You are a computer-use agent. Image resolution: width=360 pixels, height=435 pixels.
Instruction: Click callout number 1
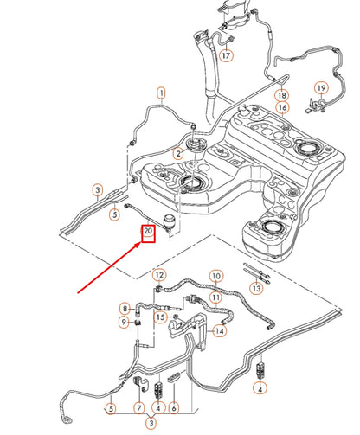tap(162, 93)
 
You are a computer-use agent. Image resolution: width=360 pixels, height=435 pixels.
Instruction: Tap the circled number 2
tap(178, 153)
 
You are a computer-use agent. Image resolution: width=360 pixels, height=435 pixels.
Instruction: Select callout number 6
tap(174, 408)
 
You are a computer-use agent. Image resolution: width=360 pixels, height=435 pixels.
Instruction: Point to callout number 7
tap(139, 408)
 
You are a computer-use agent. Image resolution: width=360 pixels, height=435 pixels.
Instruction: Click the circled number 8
tap(125, 309)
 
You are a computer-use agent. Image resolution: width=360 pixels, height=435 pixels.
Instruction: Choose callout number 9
tap(124, 322)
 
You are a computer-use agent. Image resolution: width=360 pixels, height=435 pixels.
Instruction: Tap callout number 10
tap(216, 276)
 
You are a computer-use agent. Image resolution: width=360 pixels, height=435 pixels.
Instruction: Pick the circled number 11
tap(216, 297)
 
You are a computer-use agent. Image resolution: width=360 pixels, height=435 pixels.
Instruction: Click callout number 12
tap(159, 275)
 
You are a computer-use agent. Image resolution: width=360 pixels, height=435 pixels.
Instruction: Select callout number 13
tap(256, 288)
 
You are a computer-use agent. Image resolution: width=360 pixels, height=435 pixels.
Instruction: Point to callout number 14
tap(220, 331)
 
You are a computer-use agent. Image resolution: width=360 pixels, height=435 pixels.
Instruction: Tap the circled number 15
tap(160, 317)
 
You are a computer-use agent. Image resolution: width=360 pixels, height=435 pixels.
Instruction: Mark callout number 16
tap(282, 107)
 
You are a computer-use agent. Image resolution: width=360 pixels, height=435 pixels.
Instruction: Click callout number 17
tap(227, 55)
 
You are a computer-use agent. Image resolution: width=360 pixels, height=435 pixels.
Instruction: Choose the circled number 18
tap(282, 95)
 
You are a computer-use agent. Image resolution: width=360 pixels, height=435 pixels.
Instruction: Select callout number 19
tap(321, 88)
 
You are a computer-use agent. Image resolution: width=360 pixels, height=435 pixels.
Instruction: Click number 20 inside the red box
tap(148, 231)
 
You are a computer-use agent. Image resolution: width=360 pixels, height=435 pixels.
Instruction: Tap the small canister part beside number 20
tap(169, 223)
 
